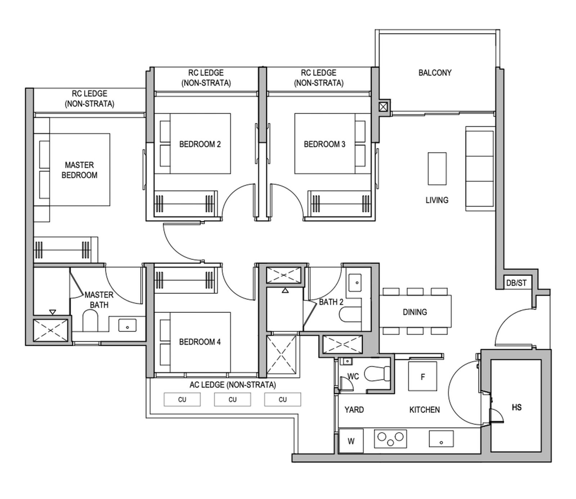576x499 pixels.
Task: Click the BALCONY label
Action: click(435, 72)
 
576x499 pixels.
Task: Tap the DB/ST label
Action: click(516, 283)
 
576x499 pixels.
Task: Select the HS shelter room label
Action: click(516, 407)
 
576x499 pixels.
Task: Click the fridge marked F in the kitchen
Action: click(422, 377)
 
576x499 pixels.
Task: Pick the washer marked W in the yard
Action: click(351, 441)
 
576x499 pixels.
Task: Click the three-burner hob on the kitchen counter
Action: click(390, 438)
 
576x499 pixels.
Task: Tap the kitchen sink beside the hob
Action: click(441, 439)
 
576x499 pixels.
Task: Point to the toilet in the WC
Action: click(377, 374)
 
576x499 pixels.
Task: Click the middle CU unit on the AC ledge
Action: click(232, 399)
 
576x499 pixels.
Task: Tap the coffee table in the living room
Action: click(437, 169)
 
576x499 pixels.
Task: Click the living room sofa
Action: click(480, 169)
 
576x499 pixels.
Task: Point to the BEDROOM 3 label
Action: click(324, 144)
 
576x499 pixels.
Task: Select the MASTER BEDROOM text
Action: click(79, 170)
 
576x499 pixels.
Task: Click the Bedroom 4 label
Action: click(200, 342)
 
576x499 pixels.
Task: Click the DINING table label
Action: click(415, 312)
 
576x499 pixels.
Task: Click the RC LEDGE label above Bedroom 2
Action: click(206, 77)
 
